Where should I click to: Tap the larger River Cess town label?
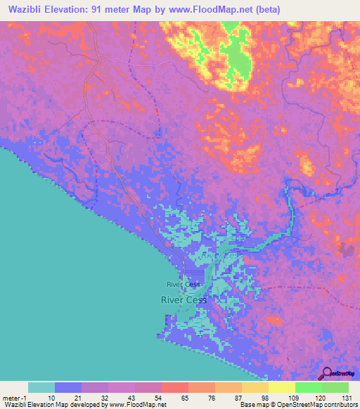tap(184, 299)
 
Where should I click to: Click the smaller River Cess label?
tap(184, 285)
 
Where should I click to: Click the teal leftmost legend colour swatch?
tap(41, 387)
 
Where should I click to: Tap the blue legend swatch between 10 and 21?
tap(68, 387)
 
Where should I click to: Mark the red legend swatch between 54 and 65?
tap(175, 387)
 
